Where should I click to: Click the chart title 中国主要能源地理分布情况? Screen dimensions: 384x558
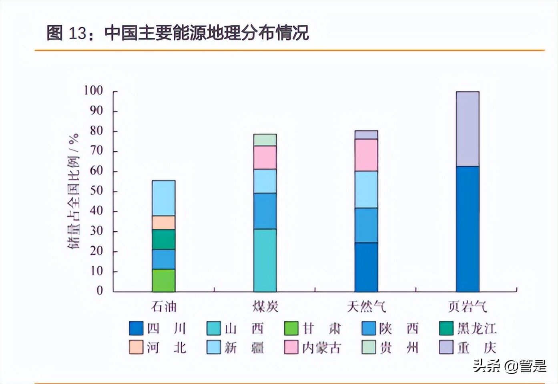(206, 33)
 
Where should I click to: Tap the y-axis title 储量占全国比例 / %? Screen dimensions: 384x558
(74, 191)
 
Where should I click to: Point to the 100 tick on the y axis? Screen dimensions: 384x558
(93, 91)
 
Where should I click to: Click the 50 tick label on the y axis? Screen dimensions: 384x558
(96, 191)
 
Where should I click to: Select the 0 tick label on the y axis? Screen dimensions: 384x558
(100, 291)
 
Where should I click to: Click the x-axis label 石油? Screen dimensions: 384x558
(164, 307)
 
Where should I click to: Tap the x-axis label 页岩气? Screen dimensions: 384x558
(467, 307)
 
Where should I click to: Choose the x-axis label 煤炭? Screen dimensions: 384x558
(265, 307)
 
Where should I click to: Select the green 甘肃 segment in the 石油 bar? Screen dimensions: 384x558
(163, 280)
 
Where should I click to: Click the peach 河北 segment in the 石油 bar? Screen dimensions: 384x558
(163, 222)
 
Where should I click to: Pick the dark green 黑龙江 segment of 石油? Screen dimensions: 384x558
(163, 239)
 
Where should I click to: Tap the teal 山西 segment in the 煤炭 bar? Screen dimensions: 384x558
(265, 260)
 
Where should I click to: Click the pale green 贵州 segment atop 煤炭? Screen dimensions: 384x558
(265, 140)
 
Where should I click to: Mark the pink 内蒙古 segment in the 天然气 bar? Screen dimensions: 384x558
(366, 155)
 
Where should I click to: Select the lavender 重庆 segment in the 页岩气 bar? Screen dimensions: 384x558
(467, 129)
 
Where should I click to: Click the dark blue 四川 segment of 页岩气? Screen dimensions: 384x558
(467, 229)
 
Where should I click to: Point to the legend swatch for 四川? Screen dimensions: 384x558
(136, 328)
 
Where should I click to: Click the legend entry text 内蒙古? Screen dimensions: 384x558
(321, 348)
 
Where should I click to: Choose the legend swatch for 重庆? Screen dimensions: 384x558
(446, 347)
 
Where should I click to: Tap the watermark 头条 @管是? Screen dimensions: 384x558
(509, 366)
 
